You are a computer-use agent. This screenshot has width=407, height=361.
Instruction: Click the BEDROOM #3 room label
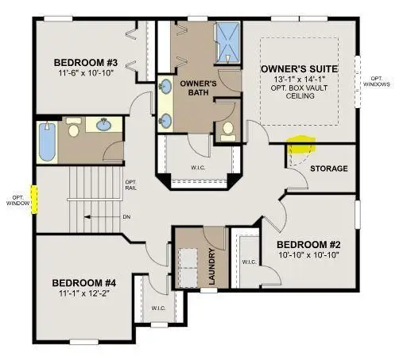click(x=86, y=63)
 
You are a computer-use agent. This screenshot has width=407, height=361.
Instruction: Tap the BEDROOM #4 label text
click(x=84, y=283)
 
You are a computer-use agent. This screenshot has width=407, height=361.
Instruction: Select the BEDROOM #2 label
click(x=308, y=245)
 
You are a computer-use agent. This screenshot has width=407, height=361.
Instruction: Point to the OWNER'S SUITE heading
click(x=300, y=69)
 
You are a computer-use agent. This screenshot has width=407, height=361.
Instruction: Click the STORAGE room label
click(x=329, y=169)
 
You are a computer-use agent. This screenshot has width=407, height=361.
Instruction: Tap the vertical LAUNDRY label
click(x=212, y=266)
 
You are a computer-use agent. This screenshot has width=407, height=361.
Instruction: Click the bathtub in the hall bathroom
click(x=48, y=142)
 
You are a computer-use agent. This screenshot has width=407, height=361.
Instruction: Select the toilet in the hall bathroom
click(x=73, y=127)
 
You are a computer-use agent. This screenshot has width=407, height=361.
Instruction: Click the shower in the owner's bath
click(x=227, y=42)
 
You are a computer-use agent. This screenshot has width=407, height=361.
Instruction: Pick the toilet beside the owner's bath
click(x=228, y=131)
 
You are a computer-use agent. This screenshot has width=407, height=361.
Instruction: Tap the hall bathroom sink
click(x=103, y=125)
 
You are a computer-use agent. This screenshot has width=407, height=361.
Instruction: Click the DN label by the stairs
click(x=126, y=217)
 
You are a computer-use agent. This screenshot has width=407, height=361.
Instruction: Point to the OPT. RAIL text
click(x=131, y=185)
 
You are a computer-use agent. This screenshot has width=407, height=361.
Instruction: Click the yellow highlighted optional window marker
click(x=34, y=200)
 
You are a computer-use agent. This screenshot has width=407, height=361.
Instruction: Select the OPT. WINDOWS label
click(x=376, y=81)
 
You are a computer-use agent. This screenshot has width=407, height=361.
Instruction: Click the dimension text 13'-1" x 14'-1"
click(x=300, y=79)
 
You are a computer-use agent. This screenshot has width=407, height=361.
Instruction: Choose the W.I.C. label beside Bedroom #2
click(x=249, y=262)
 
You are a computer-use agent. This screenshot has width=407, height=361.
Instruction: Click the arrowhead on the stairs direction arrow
click(x=87, y=217)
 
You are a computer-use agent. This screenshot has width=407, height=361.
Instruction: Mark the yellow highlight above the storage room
click(x=301, y=143)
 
